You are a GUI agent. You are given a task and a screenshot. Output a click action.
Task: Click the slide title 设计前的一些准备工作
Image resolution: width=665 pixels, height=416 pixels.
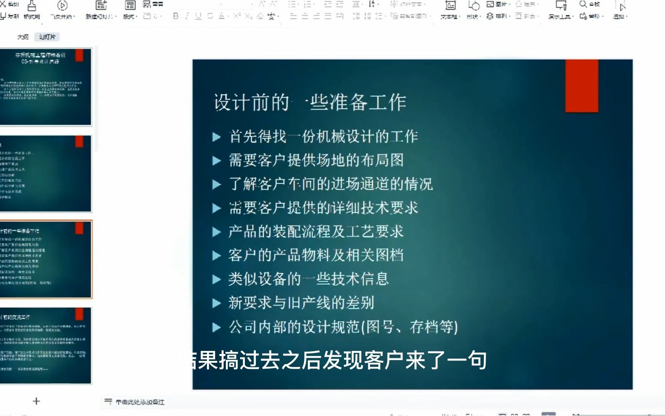click(x=310, y=102)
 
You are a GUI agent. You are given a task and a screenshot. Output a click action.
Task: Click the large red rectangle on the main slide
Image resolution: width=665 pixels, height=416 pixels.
click(x=581, y=86)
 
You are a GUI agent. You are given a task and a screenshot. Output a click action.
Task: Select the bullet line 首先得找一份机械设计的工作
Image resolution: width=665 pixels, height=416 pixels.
click(x=323, y=136)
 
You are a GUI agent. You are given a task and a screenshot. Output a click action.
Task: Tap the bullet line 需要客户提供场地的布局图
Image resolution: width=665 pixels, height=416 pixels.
click(x=316, y=160)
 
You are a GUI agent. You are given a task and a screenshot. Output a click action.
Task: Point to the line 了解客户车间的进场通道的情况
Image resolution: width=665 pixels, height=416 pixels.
click(x=331, y=184)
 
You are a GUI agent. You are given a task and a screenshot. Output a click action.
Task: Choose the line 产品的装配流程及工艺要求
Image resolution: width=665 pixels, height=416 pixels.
click(x=316, y=231)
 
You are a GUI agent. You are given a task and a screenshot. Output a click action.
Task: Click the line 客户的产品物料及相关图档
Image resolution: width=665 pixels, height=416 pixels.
click(x=316, y=255)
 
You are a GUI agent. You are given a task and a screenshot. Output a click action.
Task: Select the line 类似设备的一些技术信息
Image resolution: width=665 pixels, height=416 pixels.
click(x=308, y=279)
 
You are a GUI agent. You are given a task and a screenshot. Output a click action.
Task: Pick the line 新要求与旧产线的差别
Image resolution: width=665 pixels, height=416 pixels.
click(x=301, y=303)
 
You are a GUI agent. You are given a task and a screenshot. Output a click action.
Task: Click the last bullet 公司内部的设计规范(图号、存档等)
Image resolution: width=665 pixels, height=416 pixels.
click(x=343, y=327)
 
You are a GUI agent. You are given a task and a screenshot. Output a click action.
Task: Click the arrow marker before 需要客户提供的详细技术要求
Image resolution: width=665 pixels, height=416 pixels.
click(x=217, y=208)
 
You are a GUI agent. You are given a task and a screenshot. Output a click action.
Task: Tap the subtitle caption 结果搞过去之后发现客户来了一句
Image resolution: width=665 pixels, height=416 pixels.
click(x=339, y=361)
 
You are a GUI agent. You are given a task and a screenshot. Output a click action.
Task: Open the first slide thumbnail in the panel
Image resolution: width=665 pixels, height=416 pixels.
click(x=46, y=87)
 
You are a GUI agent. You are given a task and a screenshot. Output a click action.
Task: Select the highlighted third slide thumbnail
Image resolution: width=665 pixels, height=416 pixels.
click(x=46, y=259)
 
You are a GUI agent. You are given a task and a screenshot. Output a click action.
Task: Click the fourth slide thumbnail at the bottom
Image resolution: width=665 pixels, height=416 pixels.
click(x=46, y=346)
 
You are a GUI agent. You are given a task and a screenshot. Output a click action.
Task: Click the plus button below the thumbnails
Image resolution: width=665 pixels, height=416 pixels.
click(x=36, y=401)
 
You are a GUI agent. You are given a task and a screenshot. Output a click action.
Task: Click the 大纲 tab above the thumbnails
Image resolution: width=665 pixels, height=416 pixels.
click(x=23, y=37)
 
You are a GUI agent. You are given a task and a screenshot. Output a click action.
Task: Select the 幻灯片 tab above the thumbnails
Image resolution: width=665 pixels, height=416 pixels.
click(x=47, y=37)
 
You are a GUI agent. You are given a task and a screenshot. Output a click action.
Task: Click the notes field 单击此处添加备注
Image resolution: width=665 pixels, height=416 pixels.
click(x=140, y=402)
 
